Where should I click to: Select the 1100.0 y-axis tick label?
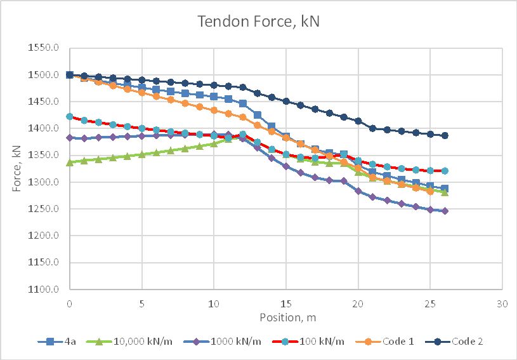49,290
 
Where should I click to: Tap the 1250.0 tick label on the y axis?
49,210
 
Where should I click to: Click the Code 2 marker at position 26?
445,135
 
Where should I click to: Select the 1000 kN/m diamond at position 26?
445,211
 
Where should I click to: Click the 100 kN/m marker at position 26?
445,171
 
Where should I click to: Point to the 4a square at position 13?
257,115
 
